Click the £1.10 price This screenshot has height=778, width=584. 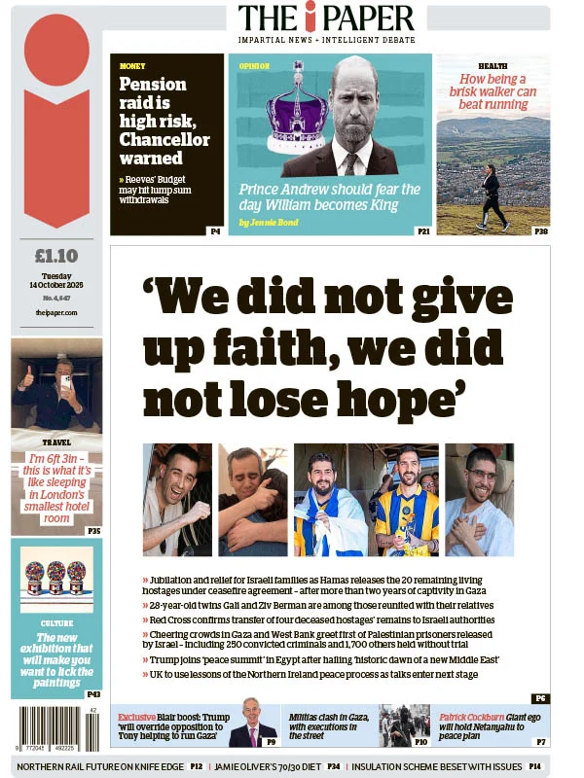tap(55, 257)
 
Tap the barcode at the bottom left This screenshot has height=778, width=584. tap(55, 727)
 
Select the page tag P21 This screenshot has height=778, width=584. tap(423, 231)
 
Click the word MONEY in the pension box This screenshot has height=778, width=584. tap(132, 66)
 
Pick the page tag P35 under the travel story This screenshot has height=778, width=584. tap(93, 531)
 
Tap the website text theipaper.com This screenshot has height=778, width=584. tap(55, 312)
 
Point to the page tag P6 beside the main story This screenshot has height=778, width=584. tap(540, 698)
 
